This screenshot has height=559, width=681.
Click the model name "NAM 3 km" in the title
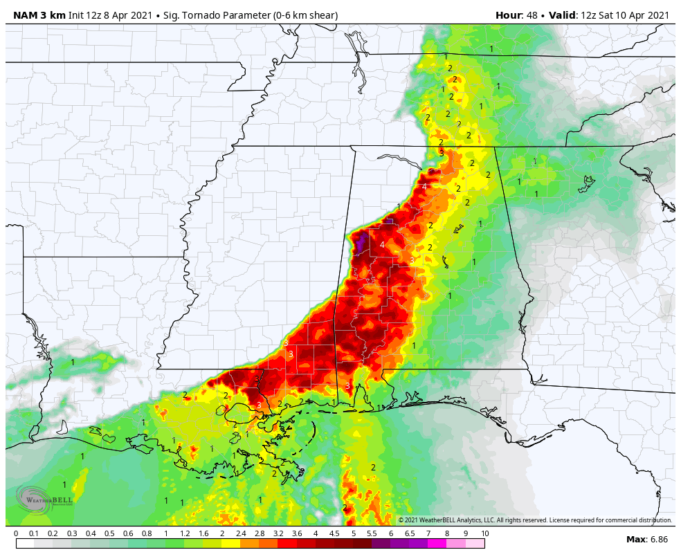point(39,15)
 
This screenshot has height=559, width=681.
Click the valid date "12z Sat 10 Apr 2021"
point(625,15)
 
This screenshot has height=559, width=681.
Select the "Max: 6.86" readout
point(647,540)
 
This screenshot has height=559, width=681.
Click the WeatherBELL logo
point(44,500)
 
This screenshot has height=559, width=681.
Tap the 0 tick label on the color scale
point(16,533)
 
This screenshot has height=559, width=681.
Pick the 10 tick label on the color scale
point(484,533)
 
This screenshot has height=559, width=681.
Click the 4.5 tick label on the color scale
point(334,533)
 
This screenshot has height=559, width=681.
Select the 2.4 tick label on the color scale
point(241,533)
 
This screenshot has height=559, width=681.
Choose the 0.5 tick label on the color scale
point(109,533)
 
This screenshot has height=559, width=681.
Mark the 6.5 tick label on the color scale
point(409,533)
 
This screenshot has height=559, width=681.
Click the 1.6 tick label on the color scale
point(203,533)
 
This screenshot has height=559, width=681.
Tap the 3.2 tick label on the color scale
point(278,533)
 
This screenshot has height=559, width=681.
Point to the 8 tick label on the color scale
point(447,533)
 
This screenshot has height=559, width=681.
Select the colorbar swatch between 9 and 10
point(475,544)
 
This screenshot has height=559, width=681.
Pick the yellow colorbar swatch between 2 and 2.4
point(231,544)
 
